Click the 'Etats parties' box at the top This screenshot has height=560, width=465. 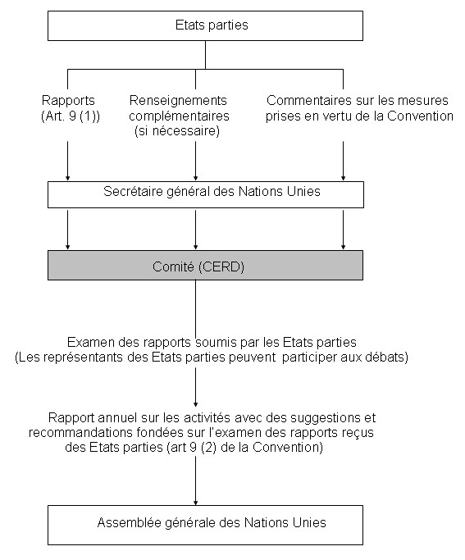click(205, 25)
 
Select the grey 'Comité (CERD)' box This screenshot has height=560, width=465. click(205, 266)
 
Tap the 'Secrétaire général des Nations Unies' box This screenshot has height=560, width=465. click(206, 194)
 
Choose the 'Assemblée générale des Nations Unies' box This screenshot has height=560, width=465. click(205, 525)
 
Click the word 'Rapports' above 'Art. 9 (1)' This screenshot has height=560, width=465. click(68, 101)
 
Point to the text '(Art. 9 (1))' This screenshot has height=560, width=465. click(71, 116)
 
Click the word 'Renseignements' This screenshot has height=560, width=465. click(178, 101)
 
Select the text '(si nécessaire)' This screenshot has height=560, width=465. click(177, 131)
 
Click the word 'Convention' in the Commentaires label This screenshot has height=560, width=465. click(421, 116)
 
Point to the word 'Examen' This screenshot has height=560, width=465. click(90, 342)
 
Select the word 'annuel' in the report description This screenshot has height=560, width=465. click(116, 417)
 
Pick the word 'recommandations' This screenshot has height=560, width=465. click(80, 432)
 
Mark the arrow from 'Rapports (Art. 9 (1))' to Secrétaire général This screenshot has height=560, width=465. click(67, 161)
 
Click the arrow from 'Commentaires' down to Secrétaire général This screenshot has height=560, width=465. click(343, 161)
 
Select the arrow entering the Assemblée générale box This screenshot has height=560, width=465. click(195, 481)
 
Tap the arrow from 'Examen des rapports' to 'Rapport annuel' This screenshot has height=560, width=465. click(195, 388)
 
